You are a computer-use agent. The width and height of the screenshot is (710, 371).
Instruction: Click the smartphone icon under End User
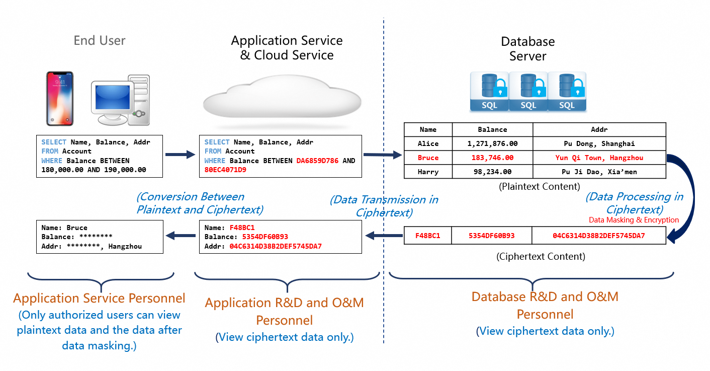[60, 98]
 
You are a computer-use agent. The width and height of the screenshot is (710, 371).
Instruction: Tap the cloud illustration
[282, 98]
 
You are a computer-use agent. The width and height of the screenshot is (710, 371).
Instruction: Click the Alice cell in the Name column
[428, 143]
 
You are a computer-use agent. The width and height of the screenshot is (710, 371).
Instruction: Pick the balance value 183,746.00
[492, 158]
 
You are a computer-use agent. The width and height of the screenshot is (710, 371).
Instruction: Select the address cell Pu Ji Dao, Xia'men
[599, 172]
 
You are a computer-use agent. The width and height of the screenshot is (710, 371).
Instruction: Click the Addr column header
[599, 129]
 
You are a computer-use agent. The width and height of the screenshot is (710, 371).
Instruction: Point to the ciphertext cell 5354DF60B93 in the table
[491, 235]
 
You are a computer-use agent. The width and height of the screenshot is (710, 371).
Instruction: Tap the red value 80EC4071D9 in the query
[225, 170]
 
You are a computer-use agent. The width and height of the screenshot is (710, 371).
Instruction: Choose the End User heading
[100, 41]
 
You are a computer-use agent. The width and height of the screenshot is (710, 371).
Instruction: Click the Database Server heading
[527, 49]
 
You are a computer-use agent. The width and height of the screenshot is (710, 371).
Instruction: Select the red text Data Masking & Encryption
[634, 220]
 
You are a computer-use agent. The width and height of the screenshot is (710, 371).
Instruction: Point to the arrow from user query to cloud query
[180, 155]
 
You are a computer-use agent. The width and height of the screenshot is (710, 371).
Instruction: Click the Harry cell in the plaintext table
[428, 172]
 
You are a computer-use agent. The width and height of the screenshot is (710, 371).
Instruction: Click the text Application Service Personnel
[99, 298]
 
